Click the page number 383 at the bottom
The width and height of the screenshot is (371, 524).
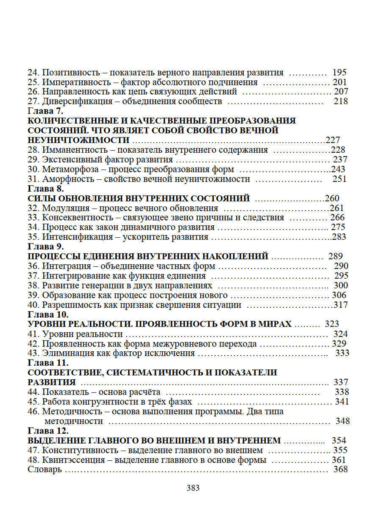193,488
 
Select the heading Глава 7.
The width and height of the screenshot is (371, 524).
45,111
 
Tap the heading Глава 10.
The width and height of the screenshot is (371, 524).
48,315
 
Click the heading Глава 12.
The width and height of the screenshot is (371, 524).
48,431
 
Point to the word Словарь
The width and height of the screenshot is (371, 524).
45,470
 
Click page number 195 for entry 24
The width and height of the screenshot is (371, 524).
339,72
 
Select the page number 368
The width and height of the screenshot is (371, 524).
341,469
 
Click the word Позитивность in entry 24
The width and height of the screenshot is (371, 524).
71,72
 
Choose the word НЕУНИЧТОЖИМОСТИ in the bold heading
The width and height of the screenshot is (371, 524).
78,140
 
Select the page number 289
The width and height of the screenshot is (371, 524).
335,256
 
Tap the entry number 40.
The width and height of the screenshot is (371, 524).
33,305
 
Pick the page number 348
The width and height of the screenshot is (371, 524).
342,421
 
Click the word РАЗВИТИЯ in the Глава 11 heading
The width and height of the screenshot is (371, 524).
52,382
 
